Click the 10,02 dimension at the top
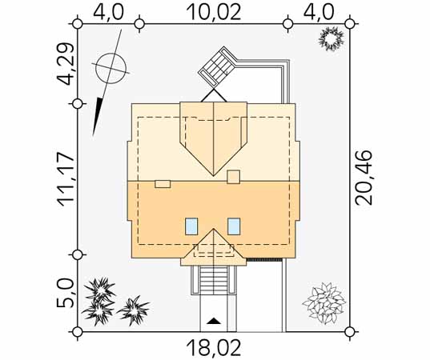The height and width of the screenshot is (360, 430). [x=214, y=12]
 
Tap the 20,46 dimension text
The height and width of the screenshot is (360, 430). [x=364, y=178]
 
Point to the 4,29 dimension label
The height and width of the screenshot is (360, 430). [x=66, y=63]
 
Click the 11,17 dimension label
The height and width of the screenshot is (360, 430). [x=66, y=179]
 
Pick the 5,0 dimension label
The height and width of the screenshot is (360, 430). [x=66, y=294]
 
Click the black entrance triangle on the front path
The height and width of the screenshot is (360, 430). [x=213, y=321]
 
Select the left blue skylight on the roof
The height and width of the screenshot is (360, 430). [x=191, y=226]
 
